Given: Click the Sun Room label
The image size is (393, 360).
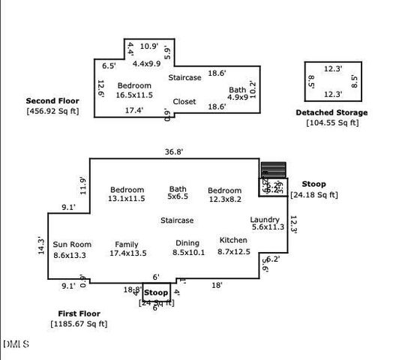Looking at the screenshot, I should [x=71, y=244].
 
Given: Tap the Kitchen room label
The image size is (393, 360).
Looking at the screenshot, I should [x=233, y=240].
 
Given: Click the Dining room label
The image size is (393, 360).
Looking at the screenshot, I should [x=187, y=243].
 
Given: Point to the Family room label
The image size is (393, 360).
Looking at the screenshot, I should [x=127, y=244].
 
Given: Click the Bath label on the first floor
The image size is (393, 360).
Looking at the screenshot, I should [x=178, y=190].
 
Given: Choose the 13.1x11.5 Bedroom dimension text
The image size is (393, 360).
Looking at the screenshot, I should [x=127, y=199].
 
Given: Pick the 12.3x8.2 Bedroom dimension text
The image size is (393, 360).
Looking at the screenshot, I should [x=225, y=199].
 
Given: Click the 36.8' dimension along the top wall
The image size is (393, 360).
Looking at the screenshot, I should [x=175, y=151].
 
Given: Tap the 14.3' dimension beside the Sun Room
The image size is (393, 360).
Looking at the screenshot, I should [x=41, y=245].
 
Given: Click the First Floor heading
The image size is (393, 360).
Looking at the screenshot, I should [x=79, y=313].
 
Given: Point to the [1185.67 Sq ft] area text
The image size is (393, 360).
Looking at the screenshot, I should [x=79, y=324].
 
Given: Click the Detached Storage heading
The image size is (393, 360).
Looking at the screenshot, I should [x=332, y=112].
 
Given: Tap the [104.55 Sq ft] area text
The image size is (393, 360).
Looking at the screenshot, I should [x=332, y=122].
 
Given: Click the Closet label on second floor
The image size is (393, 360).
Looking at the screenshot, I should [x=184, y=101].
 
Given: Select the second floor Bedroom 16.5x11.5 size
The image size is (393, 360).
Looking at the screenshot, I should [x=134, y=95].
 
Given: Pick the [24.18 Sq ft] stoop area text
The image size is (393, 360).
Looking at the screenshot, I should [x=313, y=195].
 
